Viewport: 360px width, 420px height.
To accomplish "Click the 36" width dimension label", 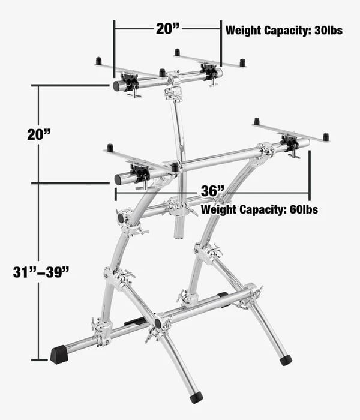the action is click(x=212, y=191).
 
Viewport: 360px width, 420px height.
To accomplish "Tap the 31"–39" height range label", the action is click(x=41, y=272).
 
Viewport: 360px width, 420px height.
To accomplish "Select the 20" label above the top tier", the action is click(x=167, y=29).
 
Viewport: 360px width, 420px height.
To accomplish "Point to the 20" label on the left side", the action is click(x=39, y=134).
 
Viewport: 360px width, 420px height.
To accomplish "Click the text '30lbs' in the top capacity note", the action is click(x=328, y=30).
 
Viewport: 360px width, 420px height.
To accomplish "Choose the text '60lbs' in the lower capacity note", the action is click(x=304, y=209).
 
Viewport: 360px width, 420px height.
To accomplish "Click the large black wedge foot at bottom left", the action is click(x=59, y=355).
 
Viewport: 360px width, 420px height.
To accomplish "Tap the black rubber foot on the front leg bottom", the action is click(x=196, y=397).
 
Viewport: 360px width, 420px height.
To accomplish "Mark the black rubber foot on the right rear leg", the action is click(x=286, y=360).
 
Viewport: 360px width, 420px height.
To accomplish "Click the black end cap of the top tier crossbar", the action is click(x=116, y=86).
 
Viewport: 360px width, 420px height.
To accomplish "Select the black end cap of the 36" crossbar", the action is click(x=118, y=179).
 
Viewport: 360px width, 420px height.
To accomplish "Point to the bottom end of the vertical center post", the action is click(x=178, y=236).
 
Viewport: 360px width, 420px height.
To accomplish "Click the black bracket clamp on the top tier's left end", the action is click(x=130, y=81).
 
